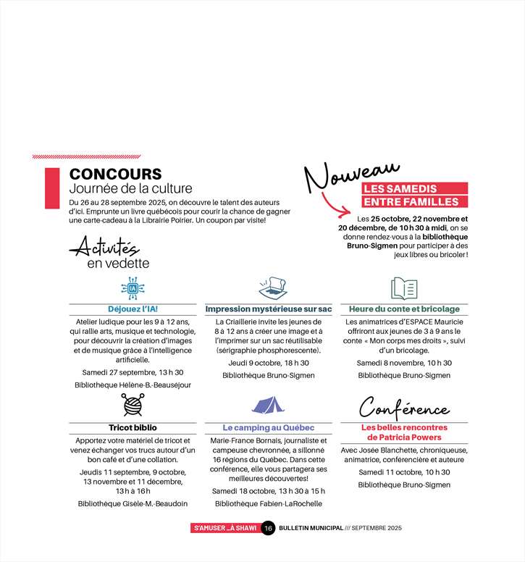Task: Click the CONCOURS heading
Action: tap(115, 175)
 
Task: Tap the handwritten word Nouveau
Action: tap(350, 177)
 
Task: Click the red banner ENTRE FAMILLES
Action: tap(411, 201)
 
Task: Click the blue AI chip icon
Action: tap(133, 288)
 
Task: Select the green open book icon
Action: tap(404, 288)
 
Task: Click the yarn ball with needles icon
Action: tap(133, 405)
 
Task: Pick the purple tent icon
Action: tap(268, 405)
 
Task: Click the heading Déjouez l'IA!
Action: tap(133, 309)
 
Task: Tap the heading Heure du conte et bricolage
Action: tap(404, 309)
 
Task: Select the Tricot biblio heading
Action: tap(133, 427)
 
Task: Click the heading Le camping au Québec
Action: tap(268, 427)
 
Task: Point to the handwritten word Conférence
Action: tap(404, 408)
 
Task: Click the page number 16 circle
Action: tap(267, 528)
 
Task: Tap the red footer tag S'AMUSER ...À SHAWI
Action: tap(224, 528)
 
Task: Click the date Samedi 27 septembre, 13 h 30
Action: tap(133, 372)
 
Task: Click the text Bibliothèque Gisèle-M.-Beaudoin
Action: tap(133, 503)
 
